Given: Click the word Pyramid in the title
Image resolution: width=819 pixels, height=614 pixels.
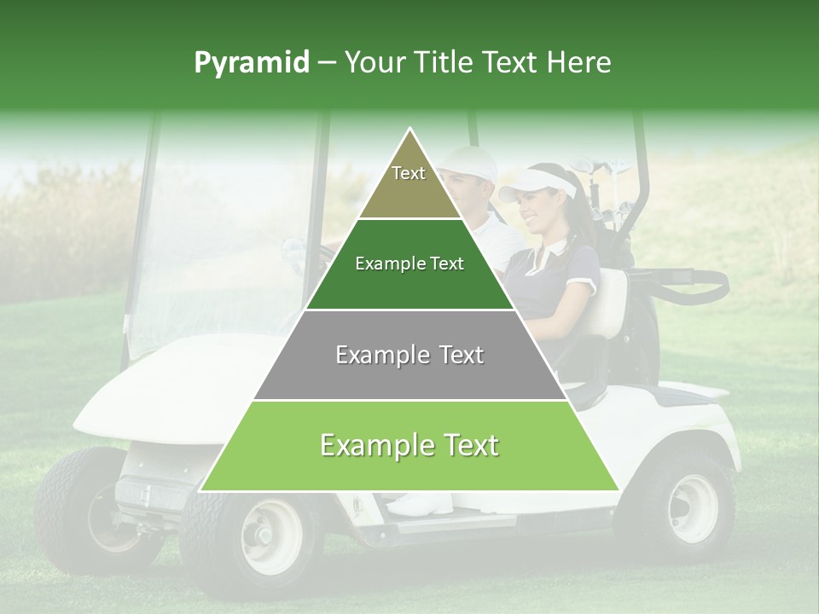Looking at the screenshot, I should [x=251, y=63].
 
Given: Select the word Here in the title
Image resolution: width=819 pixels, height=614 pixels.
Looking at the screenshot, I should [x=582, y=63].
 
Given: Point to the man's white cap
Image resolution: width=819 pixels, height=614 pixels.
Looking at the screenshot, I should [x=470, y=163].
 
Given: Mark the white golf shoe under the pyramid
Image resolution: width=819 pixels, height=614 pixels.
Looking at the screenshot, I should [x=422, y=504].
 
